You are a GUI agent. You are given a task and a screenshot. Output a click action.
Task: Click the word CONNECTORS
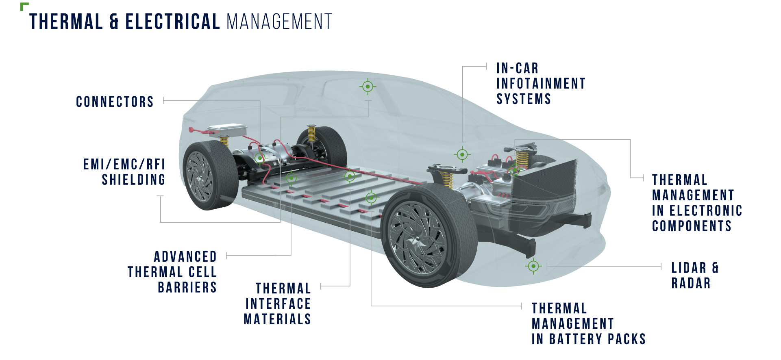click(x=115, y=102)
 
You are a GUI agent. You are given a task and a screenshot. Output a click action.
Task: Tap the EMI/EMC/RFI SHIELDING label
click(x=124, y=172)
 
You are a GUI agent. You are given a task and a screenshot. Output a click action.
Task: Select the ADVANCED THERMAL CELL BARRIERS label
click(x=172, y=272)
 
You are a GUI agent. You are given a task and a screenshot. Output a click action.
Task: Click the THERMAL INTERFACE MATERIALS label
click(x=278, y=304)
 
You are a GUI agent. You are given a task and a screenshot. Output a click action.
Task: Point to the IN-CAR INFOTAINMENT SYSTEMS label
click(x=540, y=84)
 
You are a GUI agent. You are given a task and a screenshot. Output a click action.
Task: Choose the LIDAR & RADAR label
click(x=695, y=275)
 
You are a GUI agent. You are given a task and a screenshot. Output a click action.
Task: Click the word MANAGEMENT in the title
click(x=280, y=22)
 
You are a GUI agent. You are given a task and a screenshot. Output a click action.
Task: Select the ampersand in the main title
click(x=114, y=22)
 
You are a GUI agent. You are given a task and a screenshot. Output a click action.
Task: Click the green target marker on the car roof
click(x=368, y=87)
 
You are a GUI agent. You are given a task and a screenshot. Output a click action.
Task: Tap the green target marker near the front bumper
click(x=533, y=266)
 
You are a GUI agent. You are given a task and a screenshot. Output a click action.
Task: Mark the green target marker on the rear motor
click(x=259, y=158)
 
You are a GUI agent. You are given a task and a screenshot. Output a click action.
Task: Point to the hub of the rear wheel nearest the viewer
click(x=199, y=177)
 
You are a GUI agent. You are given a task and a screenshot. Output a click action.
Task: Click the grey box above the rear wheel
click(x=228, y=130)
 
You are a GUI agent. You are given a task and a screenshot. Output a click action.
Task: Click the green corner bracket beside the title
click(x=24, y=6)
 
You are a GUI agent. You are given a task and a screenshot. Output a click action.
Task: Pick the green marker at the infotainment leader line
click(x=462, y=154)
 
